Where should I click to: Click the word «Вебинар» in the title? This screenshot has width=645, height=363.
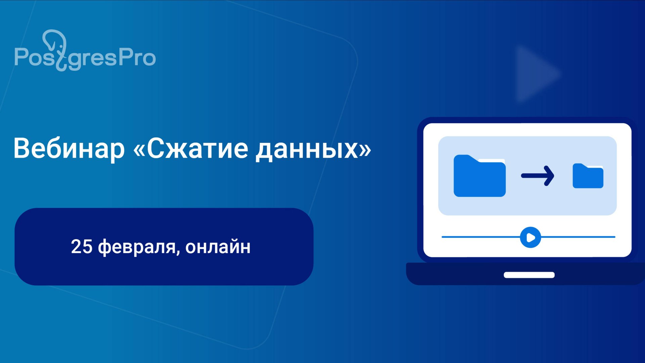(x=69, y=149)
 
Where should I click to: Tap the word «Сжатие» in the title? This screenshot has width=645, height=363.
(x=198, y=149)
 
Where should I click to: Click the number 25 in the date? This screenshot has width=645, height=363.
(x=82, y=247)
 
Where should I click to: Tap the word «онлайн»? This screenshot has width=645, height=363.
(x=218, y=247)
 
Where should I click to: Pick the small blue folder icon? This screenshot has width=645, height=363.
(x=588, y=176)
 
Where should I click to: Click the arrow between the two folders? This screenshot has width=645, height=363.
(x=537, y=176)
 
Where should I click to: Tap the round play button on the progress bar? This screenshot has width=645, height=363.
(x=530, y=238)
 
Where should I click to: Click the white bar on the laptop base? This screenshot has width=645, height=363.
(x=529, y=275)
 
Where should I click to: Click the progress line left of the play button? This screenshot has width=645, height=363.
(x=480, y=237)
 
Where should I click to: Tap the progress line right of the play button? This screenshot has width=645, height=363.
(x=578, y=237)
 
